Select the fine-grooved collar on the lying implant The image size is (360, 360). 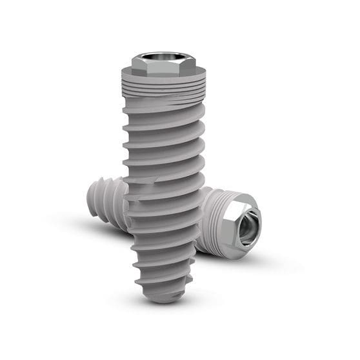pyautogui.click(x=214, y=223)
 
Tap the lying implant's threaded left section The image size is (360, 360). pyautogui.click(x=110, y=197)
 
